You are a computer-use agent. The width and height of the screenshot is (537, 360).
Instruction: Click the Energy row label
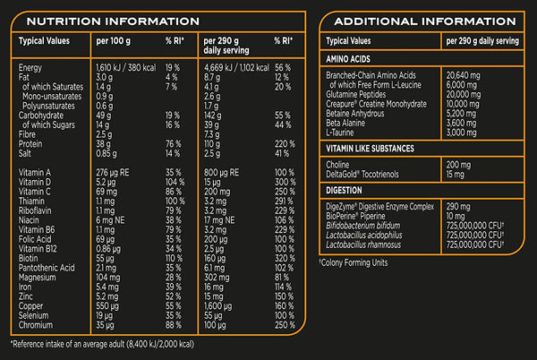pyautogui.click(x=30, y=66)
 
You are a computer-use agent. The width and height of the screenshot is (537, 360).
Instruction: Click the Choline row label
pyautogui.click(x=339, y=165)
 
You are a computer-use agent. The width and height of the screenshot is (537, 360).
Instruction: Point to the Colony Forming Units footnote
pyautogui.click(x=358, y=262)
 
